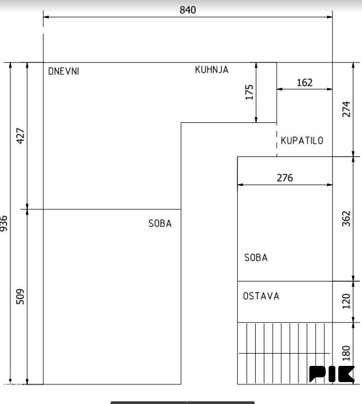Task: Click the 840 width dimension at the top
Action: [x=188, y=10]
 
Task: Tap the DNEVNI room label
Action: [x=64, y=72]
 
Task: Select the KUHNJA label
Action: [x=212, y=70]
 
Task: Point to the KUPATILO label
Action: [x=302, y=141]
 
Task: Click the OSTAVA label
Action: [x=261, y=296]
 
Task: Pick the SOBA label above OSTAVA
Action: [x=256, y=257]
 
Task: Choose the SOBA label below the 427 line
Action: [x=160, y=223]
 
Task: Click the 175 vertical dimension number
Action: [x=249, y=92]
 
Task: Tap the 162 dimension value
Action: [x=304, y=83]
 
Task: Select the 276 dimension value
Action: [x=285, y=178]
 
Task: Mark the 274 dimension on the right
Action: [x=346, y=109]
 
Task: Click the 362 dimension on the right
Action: [x=346, y=219]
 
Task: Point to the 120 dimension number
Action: [x=346, y=301]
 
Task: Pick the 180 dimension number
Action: [x=346, y=353]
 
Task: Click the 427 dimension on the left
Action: [x=20, y=136]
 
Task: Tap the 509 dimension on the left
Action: [x=20, y=297]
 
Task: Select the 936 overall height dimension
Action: [x=3, y=223]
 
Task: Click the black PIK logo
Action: [x=331, y=374]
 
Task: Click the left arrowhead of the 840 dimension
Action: [x=46, y=17]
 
